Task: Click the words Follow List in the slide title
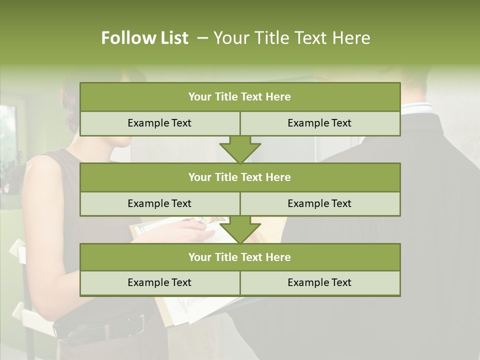point(144,38)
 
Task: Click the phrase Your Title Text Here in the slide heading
point(292,38)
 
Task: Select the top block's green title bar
point(240,97)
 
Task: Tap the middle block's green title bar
point(240,177)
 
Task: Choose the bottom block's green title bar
point(240,257)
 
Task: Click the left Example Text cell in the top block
point(159,123)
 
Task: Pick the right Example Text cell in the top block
point(319,123)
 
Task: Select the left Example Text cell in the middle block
point(159,203)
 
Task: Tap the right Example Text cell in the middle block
point(319,203)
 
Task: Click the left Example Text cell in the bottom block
point(159,282)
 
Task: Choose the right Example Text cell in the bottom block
point(319,282)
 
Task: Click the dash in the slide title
point(202,38)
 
